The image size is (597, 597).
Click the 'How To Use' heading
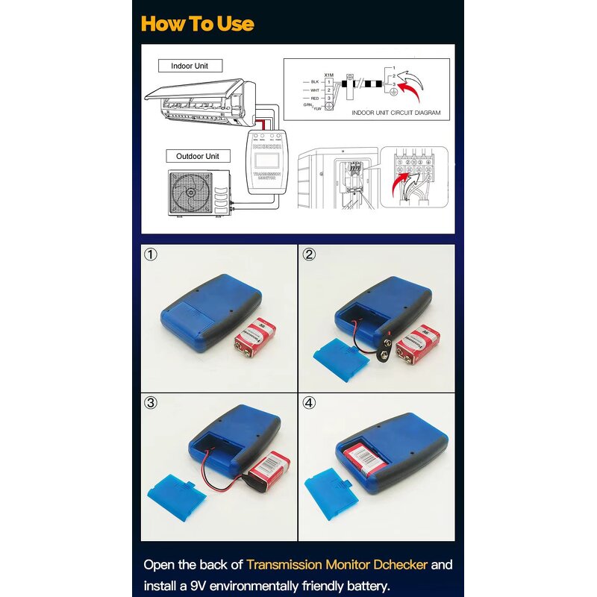(x=198, y=23)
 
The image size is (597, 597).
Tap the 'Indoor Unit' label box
(x=190, y=66)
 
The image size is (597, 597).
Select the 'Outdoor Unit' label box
(x=198, y=156)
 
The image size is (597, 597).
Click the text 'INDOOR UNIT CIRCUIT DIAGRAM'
(x=395, y=113)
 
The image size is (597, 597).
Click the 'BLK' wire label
(x=315, y=81)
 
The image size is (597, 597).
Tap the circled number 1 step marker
(x=151, y=254)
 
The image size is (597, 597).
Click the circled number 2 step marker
(x=309, y=254)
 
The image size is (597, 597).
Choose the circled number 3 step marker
(x=151, y=403)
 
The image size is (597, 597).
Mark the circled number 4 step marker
(x=309, y=403)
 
